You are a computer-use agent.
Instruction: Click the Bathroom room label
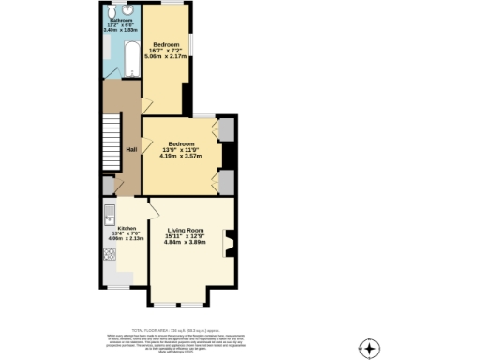(x=119, y=19)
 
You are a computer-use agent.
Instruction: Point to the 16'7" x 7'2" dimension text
(x=166, y=51)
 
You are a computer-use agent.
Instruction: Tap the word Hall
(x=132, y=149)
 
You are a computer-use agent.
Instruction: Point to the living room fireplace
(x=226, y=245)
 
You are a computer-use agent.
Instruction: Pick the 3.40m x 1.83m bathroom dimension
(x=119, y=30)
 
